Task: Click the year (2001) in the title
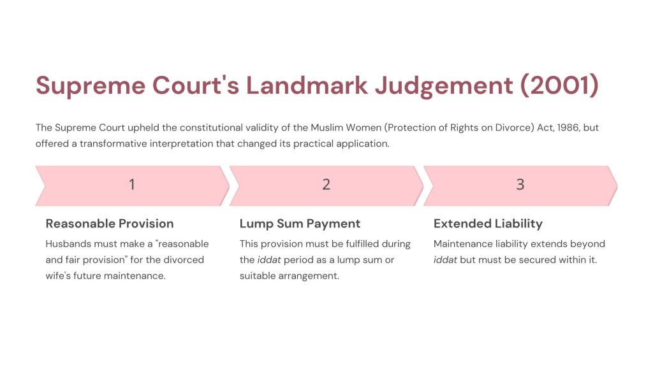(x=559, y=85)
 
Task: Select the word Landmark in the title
(x=307, y=85)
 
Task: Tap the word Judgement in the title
(x=444, y=87)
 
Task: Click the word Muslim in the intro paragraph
(x=325, y=127)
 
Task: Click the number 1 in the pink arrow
(x=132, y=184)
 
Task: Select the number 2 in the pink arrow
(x=326, y=184)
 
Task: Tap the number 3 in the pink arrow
(x=520, y=184)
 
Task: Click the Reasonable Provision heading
(x=110, y=224)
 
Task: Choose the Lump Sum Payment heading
(x=300, y=224)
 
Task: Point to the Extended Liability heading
(x=488, y=224)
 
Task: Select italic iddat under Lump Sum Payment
(x=269, y=260)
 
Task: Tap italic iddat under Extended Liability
(x=445, y=260)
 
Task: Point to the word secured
(x=536, y=260)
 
